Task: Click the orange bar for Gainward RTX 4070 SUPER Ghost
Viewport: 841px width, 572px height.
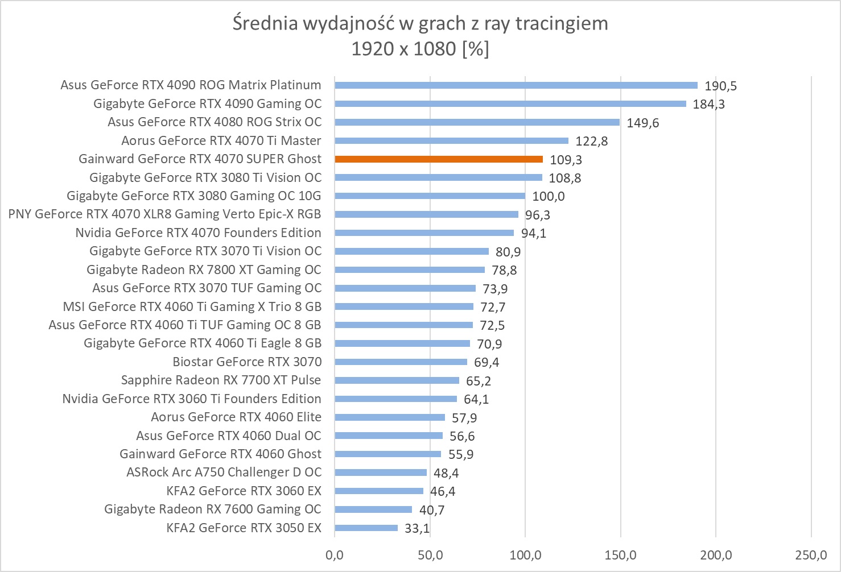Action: [439, 159]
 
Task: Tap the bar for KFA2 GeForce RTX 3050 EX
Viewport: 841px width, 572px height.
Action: [366, 528]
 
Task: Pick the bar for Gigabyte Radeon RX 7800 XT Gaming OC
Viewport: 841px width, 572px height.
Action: [410, 270]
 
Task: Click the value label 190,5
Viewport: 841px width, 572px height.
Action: [720, 86]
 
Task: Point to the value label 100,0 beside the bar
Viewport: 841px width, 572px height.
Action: [549, 197]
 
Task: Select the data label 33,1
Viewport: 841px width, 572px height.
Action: [417, 529]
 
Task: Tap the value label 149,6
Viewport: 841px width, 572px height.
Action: [643, 123]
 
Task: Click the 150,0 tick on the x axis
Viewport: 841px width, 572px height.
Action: [620, 555]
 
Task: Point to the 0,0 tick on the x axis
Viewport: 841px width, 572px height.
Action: [335, 555]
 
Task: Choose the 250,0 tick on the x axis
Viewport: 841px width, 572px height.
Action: [811, 555]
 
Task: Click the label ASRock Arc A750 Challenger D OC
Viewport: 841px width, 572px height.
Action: [224, 472]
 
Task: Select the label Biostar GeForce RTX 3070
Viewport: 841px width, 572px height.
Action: [247, 362]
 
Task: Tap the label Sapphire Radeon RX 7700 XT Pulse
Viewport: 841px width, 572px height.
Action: [221, 380]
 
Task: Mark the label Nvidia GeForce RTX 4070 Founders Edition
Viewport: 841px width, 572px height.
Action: [198, 233]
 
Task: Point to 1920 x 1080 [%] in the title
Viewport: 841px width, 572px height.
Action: [420, 49]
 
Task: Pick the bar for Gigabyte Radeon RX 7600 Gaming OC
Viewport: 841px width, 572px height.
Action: [373, 509]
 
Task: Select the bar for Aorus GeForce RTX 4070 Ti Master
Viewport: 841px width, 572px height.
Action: [451, 140]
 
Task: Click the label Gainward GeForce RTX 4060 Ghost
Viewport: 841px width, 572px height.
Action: [220, 454]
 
